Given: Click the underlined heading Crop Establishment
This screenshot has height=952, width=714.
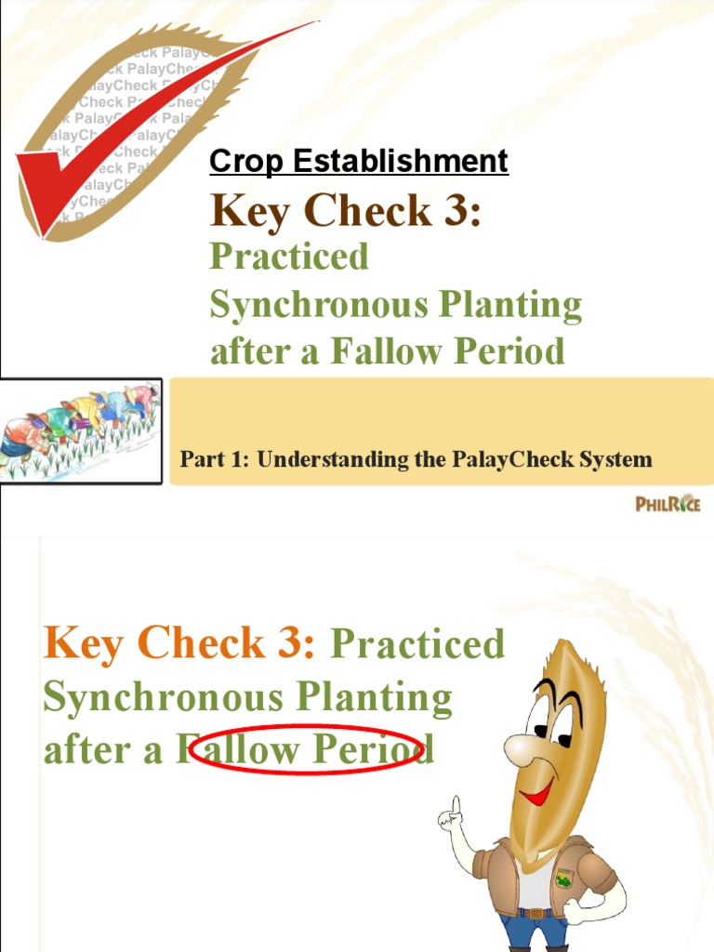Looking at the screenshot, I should (x=359, y=162).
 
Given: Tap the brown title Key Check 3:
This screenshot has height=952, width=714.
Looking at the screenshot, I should (x=345, y=210).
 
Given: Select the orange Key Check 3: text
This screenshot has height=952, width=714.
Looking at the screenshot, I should (x=179, y=643).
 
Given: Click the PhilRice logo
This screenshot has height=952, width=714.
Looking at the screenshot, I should (x=668, y=504).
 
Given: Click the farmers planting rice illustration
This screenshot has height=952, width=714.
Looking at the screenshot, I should (x=81, y=430).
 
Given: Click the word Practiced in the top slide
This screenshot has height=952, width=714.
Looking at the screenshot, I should (x=289, y=257).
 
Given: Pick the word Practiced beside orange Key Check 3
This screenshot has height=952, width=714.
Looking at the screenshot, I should (x=417, y=643).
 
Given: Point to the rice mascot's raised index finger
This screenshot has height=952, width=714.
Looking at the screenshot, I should (x=456, y=802).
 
